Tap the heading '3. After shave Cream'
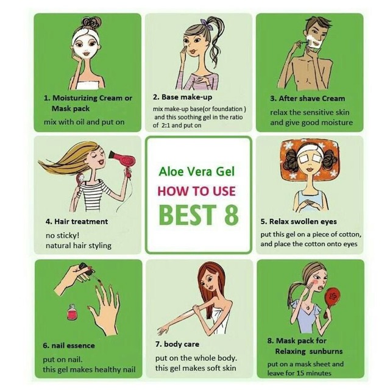tap(307, 98)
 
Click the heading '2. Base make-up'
tap(182, 97)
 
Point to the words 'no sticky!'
tap(63, 235)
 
